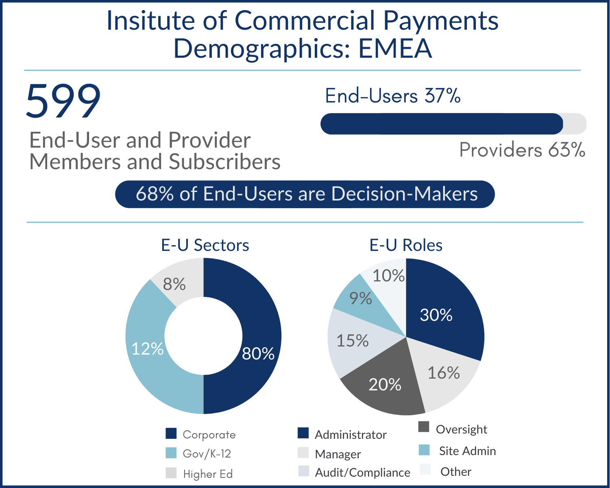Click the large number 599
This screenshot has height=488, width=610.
(x=63, y=101)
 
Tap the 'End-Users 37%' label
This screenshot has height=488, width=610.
(x=392, y=96)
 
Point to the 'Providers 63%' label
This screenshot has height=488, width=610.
(x=522, y=150)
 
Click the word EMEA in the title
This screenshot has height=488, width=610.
(x=394, y=48)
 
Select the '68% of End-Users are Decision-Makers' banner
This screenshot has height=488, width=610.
(x=305, y=194)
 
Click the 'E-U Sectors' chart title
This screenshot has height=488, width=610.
(x=205, y=245)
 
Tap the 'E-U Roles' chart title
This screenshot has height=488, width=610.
(x=406, y=245)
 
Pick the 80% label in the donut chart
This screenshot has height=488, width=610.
(x=258, y=353)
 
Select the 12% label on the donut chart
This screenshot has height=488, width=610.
(x=147, y=349)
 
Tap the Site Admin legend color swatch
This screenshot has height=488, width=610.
(x=424, y=450)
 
